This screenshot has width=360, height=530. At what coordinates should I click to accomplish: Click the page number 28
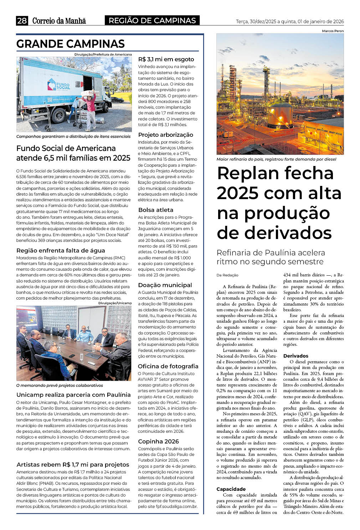[22, 21]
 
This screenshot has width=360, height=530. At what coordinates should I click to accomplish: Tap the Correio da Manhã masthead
[59, 21]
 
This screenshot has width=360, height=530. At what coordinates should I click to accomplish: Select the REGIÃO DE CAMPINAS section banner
[152, 21]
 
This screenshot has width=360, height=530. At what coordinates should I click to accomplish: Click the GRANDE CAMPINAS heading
[71, 44]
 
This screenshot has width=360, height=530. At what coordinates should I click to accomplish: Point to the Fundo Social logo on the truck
[58, 85]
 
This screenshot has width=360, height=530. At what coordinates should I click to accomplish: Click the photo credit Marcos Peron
[333, 31]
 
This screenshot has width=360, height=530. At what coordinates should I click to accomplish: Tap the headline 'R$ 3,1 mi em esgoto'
[166, 59]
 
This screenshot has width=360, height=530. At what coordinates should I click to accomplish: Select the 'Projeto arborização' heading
[166, 135]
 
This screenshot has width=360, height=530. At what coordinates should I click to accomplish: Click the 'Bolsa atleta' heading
[156, 210]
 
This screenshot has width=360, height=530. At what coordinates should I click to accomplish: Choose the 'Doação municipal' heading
[165, 285]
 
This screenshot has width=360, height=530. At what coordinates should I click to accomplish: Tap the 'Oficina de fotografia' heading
[168, 366]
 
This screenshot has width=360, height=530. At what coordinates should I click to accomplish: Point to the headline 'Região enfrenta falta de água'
[61, 250]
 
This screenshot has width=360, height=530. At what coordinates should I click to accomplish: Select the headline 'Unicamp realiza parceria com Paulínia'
[73, 395]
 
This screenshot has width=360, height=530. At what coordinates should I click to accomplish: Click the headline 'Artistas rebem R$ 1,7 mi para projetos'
[73, 464]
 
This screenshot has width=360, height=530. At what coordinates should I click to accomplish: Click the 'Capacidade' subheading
[231, 489]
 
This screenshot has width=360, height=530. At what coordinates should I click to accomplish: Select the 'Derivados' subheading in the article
[296, 356]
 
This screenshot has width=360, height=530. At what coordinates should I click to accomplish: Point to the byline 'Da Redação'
[227, 275]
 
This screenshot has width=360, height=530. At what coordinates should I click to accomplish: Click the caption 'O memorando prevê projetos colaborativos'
[60, 385]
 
